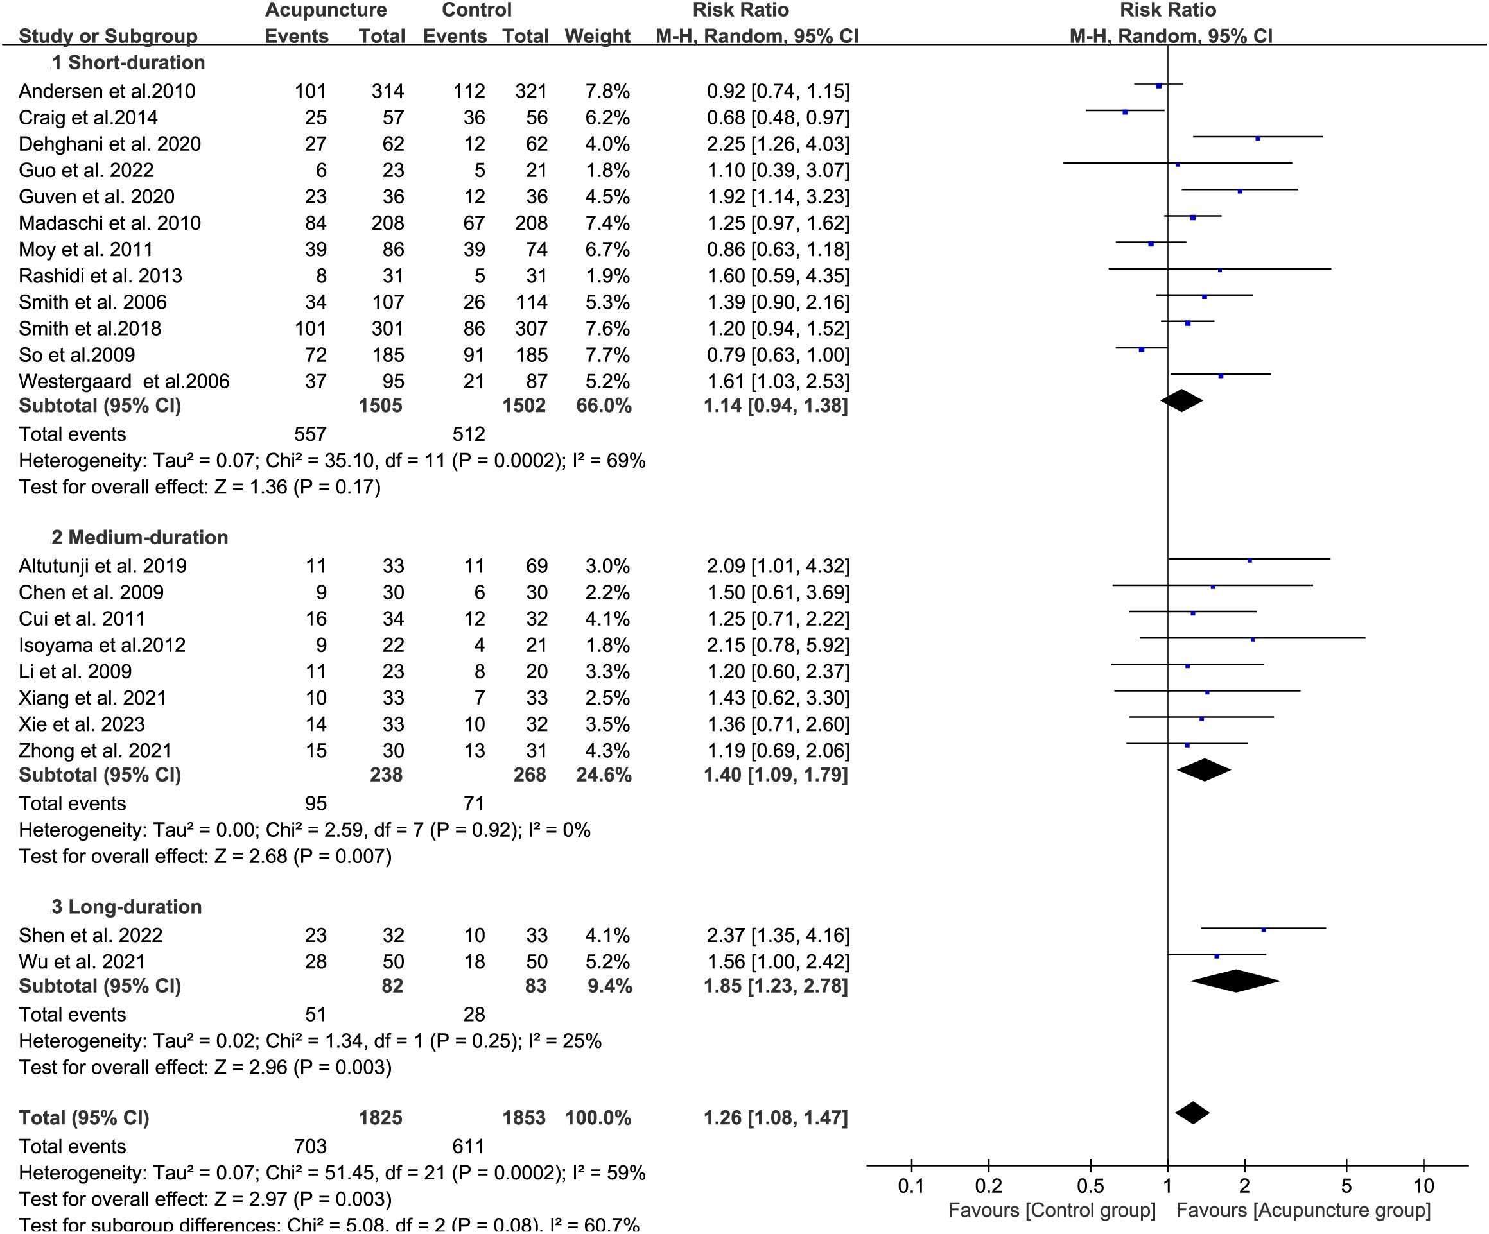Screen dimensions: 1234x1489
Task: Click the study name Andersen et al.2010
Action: click(x=107, y=91)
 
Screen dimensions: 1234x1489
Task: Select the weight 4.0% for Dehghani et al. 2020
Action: click(x=607, y=144)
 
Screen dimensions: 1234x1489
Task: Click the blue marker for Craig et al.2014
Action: click(x=1124, y=112)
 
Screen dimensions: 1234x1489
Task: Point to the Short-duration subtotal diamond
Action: click(x=1181, y=400)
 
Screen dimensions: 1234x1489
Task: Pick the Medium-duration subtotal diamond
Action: click(x=1204, y=770)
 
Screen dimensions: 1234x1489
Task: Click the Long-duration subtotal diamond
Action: click(x=1235, y=981)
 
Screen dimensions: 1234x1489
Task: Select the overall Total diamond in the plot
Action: click(x=1192, y=1113)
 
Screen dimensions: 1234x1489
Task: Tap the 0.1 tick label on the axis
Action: click(x=911, y=1186)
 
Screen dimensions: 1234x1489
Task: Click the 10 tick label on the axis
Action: click(x=1423, y=1186)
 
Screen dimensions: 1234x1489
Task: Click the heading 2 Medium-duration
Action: click(x=140, y=537)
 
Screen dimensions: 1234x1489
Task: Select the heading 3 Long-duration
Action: click(x=127, y=907)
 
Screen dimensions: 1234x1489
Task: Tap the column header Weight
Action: click(x=597, y=35)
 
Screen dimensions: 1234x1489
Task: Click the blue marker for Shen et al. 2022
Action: click(x=1264, y=929)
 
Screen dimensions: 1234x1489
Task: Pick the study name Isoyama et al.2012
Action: click(x=102, y=645)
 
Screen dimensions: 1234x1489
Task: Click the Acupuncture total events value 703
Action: click(x=310, y=1146)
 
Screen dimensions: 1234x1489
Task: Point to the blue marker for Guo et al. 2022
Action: click(x=1178, y=164)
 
